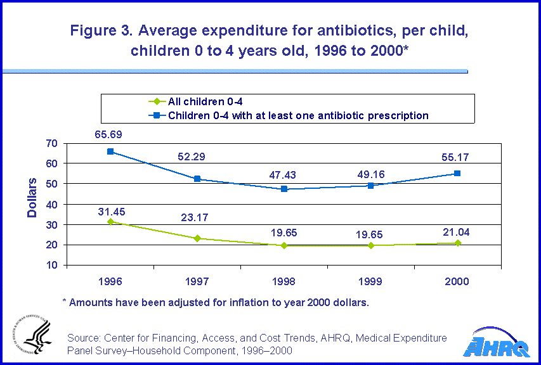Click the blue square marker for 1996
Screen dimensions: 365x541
[110, 151]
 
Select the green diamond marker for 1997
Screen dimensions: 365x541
[197, 238]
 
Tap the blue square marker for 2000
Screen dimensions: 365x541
[457, 173]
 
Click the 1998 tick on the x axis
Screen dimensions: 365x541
[284, 281]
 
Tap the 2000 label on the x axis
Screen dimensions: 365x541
[457, 281]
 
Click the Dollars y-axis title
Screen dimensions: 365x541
[32, 198]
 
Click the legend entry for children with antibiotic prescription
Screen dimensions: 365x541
[298, 115]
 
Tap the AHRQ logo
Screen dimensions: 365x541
[499, 345]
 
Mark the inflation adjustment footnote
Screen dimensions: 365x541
[216, 302]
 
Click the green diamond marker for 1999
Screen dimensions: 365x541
[371, 245]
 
